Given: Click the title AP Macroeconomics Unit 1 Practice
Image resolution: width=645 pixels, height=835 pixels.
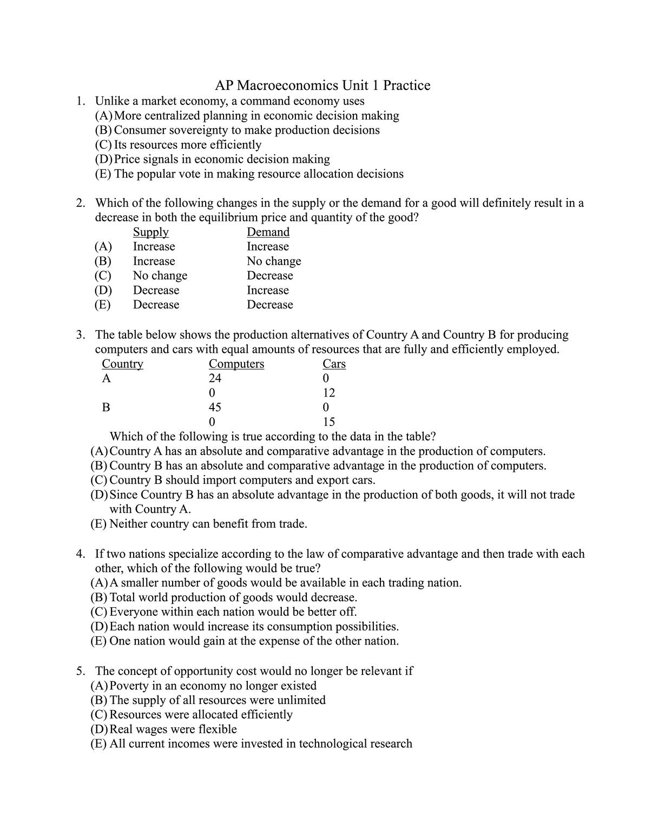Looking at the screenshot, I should (322, 86).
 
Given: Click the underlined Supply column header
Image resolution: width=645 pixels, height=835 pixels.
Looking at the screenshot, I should (150, 232).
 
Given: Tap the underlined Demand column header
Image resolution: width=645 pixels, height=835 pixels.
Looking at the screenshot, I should (268, 232).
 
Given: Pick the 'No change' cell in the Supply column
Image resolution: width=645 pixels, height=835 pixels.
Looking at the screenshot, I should (160, 275).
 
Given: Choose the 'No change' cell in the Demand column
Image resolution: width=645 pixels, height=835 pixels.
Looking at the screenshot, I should (274, 261).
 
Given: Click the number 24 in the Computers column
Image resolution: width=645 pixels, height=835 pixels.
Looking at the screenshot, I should (215, 378).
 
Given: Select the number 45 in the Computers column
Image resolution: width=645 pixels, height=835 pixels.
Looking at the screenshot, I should (215, 407).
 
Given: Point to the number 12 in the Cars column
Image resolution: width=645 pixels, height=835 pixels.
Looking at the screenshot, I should (328, 393).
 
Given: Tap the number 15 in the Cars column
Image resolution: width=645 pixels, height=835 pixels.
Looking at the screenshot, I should (328, 422).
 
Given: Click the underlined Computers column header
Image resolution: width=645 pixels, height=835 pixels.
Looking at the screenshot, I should (236, 364).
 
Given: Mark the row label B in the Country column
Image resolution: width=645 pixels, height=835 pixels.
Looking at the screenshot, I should (106, 407).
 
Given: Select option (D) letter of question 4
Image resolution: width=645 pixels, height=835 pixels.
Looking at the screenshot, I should (99, 627).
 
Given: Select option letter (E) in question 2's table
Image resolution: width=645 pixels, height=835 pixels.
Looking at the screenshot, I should (102, 305).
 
